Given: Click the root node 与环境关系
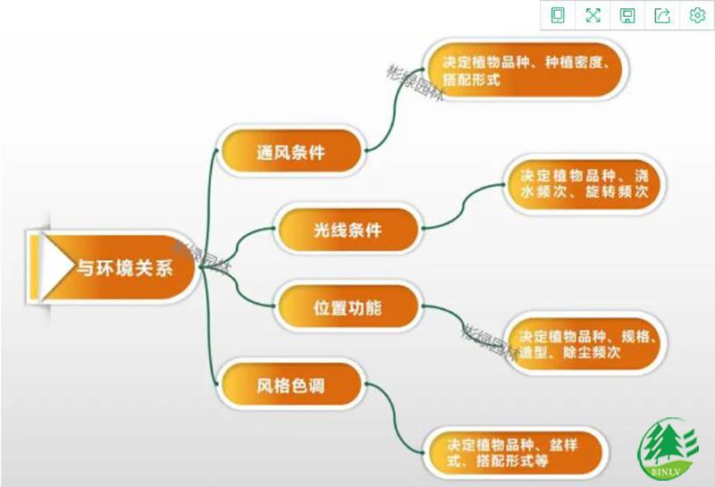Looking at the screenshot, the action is point(114,267).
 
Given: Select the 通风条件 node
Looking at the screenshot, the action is point(290,151).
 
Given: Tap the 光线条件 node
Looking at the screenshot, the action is point(348,229).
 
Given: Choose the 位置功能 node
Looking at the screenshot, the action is point(348,306).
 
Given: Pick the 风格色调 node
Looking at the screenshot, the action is point(290,385).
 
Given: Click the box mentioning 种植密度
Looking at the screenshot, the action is point(526,70).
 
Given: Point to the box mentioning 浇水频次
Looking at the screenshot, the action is point(584,184).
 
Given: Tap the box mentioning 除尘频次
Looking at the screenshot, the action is point(585,343).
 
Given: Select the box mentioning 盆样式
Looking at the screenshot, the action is point(516,452).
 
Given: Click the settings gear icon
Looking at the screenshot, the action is point(697,15).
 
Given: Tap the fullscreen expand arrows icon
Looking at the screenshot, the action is point(593,15).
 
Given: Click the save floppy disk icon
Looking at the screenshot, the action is point(628,15).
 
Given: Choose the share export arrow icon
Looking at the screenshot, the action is point(662,15).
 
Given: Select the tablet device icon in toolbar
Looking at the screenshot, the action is point(558,15).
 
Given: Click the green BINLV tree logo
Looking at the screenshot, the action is point(668,449).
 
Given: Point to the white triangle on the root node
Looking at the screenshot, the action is point(56,266).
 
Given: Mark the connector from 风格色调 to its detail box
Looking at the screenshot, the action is point(395,418).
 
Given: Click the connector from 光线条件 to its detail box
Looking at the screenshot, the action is point(463,206).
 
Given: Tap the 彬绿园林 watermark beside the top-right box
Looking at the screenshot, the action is point(415,83).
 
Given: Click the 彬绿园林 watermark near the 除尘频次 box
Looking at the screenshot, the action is point(490,342).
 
